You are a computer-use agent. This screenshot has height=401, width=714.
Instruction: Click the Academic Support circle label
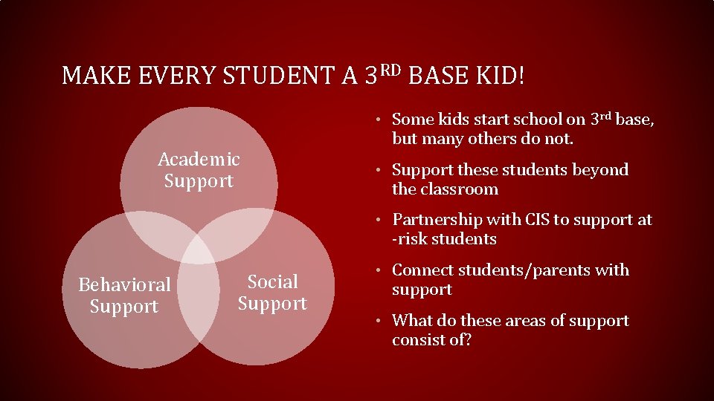pos(199,170)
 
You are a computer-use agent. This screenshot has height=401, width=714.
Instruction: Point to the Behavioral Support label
pos(124,296)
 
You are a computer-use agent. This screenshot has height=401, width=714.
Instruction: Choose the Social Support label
pos(272,293)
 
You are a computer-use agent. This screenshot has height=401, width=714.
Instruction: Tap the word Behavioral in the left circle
pos(124,285)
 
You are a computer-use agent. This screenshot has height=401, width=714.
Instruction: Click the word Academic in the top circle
pos(199,160)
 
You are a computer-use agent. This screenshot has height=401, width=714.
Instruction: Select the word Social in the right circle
pos(272,282)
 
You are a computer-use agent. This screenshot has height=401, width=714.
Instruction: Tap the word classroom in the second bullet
pos(461,189)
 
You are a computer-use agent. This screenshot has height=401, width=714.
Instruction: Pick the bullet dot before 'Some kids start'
pos(379,120)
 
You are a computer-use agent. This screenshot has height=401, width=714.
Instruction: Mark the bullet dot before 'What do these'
pos(379,322)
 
